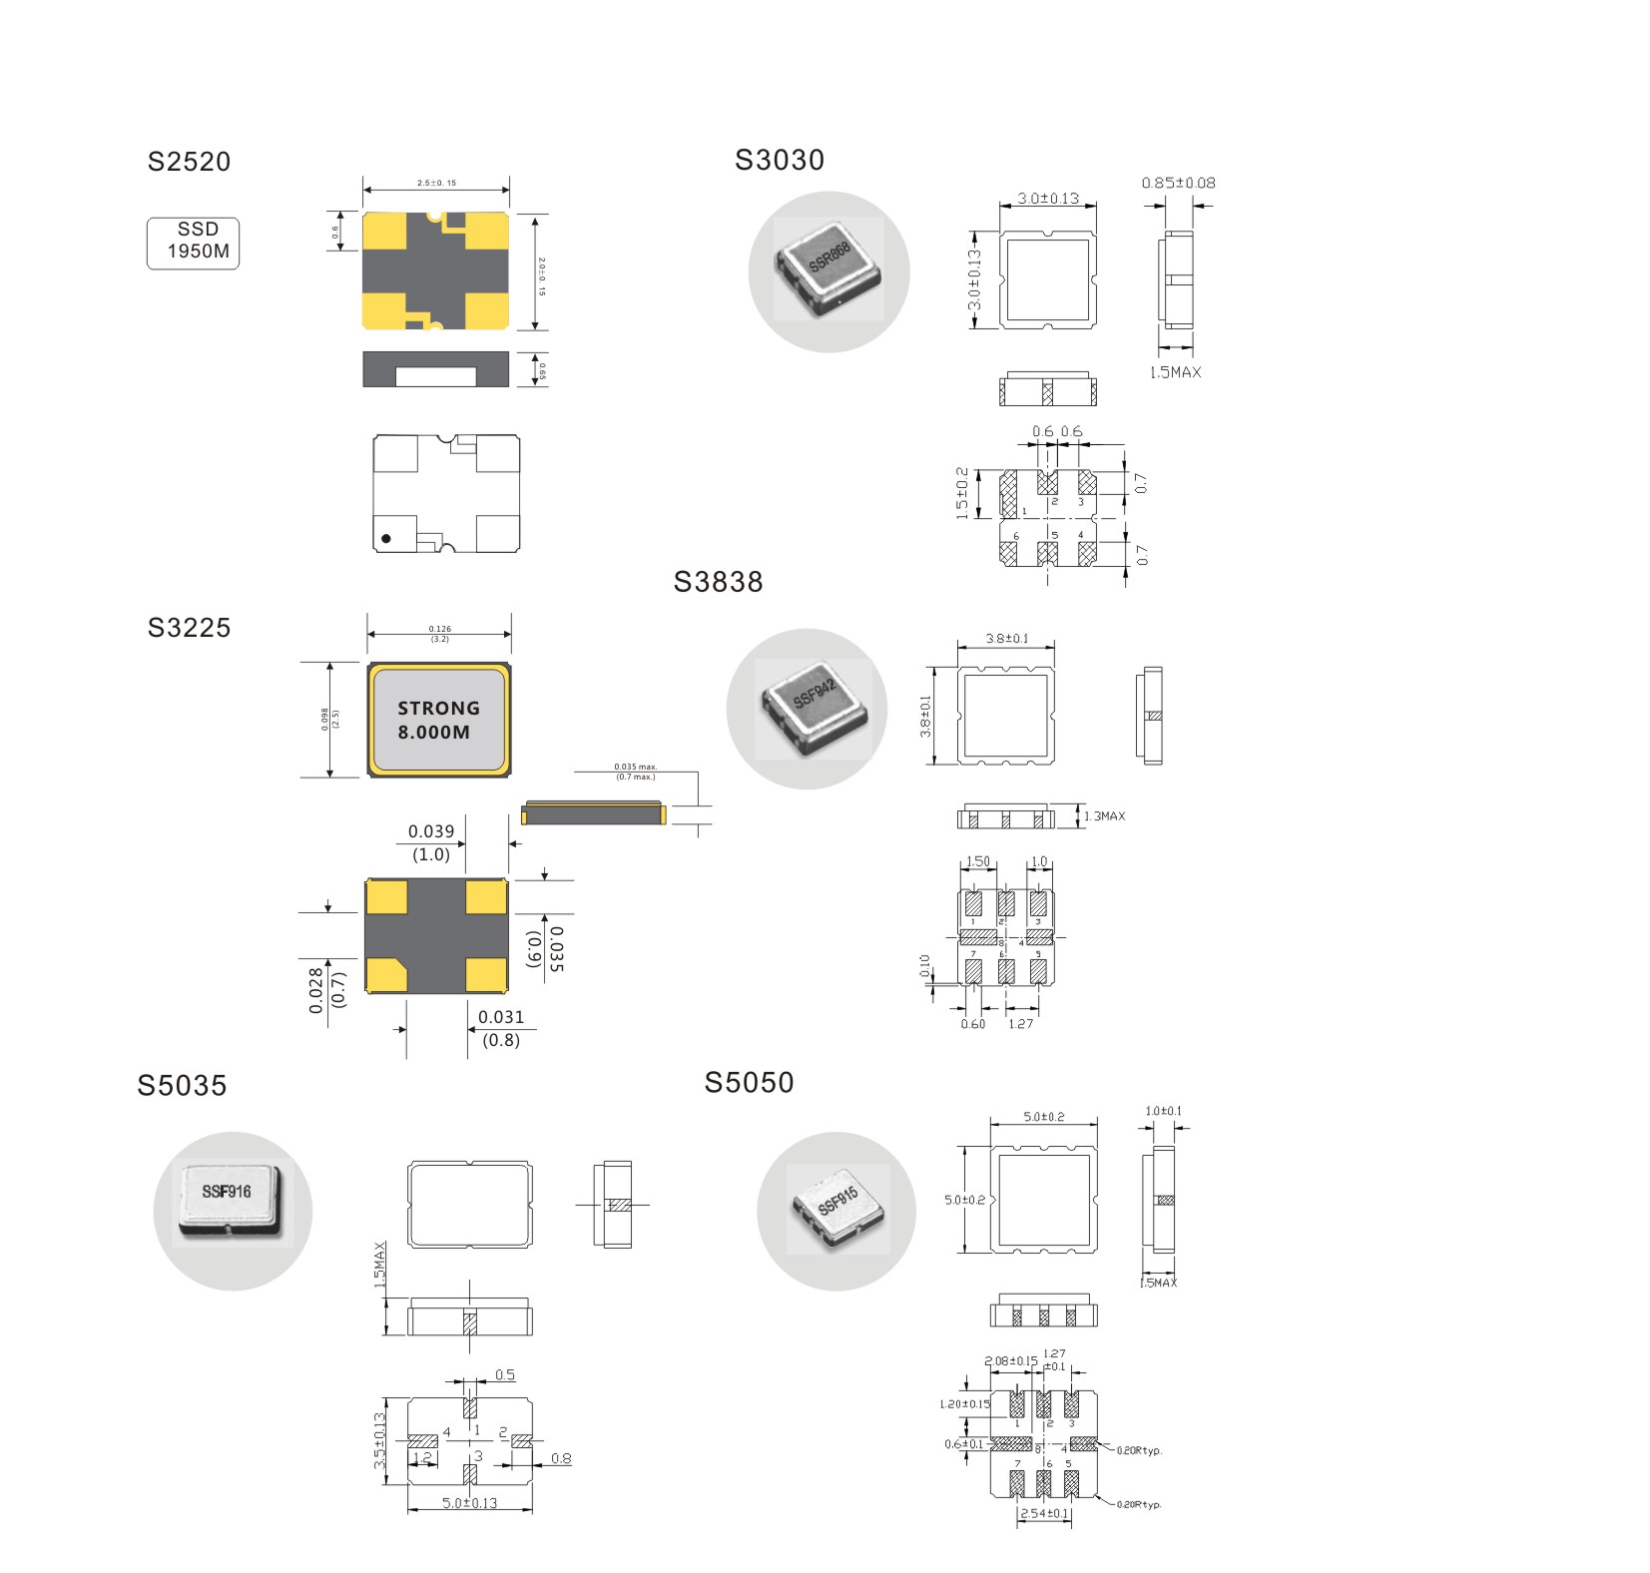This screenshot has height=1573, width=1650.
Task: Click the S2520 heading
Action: (189, 162)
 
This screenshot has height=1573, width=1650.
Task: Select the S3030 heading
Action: (780, 160)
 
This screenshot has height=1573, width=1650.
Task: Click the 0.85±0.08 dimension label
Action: (1178, 183)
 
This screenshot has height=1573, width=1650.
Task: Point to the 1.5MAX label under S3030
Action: (1175, 372)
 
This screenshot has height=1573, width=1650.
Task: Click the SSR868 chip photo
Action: (828, 270)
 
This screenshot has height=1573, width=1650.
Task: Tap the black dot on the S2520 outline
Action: (386, 538)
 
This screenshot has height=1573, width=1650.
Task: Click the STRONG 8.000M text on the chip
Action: (438, 720)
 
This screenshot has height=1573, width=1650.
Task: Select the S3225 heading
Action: (189, 628)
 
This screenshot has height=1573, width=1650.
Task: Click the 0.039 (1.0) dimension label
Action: (431, 842)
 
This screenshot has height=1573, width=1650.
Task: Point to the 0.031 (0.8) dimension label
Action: (501, 1028)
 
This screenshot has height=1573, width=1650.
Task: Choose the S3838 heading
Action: (718, 582)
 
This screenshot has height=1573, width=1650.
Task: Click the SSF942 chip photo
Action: (807, 708)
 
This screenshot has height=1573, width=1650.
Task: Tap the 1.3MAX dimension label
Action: (1104, 816)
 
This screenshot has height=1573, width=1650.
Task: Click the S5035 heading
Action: (182, 1086)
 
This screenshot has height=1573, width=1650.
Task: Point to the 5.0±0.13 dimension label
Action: (470, 1502)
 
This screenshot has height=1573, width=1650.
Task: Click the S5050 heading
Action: (749, 1083)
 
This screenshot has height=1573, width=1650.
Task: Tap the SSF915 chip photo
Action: (836, 1210)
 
